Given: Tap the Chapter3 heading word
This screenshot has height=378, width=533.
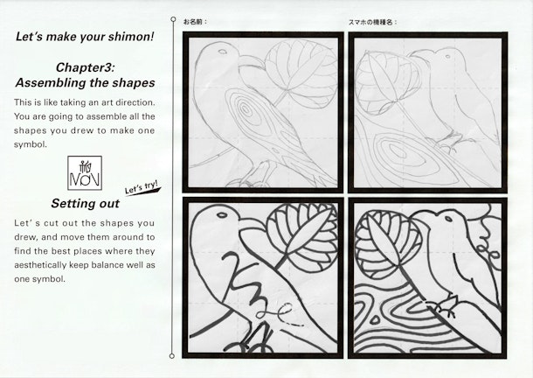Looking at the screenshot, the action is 86,67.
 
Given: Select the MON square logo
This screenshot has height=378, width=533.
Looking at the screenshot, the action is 85,172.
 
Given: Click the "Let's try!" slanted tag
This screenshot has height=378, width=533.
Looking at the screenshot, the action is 142,187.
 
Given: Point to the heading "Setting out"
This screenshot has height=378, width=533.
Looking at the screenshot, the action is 86,203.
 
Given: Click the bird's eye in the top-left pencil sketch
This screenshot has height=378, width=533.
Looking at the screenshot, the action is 222,52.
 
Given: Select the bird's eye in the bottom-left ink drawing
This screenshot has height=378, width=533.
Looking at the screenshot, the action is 222,215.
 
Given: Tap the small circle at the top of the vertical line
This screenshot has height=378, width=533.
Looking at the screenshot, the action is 173,19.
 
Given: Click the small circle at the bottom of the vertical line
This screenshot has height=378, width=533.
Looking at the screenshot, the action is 172,356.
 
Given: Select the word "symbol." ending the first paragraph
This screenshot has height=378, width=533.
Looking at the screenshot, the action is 31,144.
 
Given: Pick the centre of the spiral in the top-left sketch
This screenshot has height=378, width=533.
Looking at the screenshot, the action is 244,109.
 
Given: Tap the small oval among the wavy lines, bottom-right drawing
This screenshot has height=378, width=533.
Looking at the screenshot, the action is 375,319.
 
